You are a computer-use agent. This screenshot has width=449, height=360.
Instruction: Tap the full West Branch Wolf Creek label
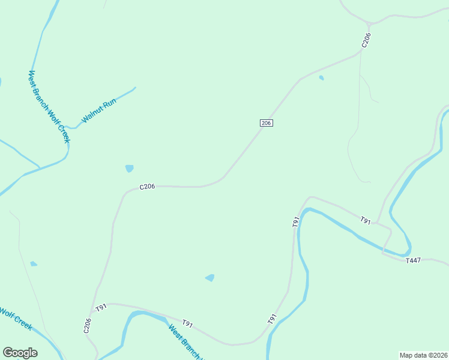tap(49, 107)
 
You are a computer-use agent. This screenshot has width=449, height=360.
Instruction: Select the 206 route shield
tap(267, 122)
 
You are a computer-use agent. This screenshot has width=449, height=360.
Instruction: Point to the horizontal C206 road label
tap(148, 187)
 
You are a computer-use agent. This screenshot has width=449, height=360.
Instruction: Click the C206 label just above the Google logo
tap(87, 325)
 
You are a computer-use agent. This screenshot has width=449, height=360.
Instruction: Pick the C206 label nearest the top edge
tap(366, 40)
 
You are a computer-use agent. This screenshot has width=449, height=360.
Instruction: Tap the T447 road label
tap(414, 260)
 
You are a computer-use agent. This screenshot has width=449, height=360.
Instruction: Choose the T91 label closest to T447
tap(366, 221)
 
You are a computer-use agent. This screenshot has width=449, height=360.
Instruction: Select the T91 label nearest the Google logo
tap(101, 308)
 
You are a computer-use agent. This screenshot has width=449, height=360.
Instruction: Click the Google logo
tap(20, 353)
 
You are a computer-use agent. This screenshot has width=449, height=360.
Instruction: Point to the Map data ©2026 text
tap(423, 355)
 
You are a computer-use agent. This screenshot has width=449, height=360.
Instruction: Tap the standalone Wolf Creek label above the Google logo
tap(15, 317)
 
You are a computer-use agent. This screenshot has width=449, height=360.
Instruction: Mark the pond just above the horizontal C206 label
tap(129, 169)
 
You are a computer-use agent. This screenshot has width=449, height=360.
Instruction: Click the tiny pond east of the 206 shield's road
tap(321, 77)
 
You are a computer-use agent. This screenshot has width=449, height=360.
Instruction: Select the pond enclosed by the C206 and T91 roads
tap(209, 278)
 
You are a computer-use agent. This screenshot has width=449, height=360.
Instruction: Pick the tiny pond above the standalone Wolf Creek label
tap(34, 264)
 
